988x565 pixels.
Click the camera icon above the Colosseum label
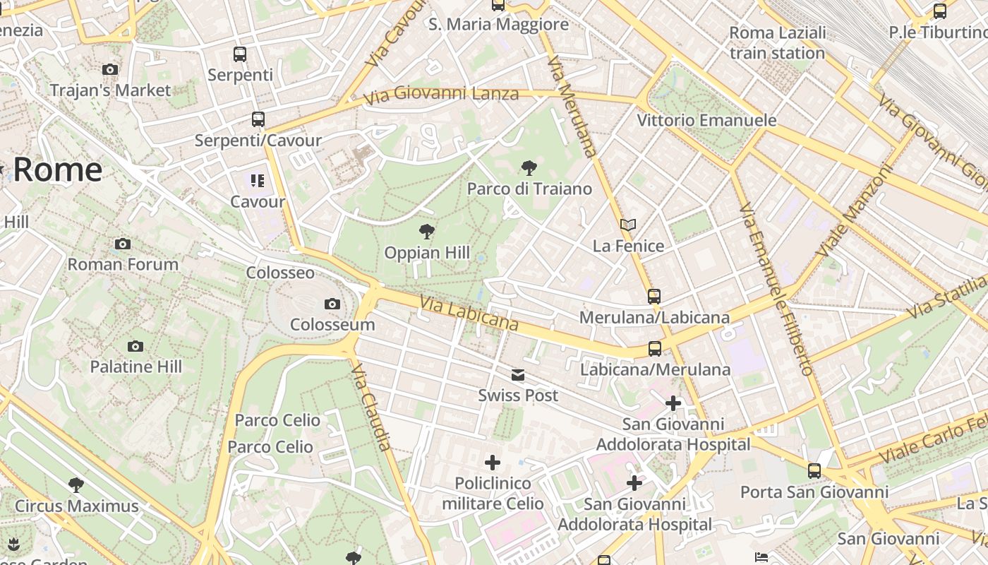pyautogui.click(x=332, y=304)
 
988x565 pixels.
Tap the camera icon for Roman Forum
pyautogui.click(x=123, y=244)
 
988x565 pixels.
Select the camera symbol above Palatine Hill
pyautogui.click(x=135, y=347)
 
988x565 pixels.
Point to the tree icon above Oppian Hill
pyautogui.click(x=426, y=231)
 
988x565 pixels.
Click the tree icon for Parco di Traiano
pyautogui.click(x=529, y=168)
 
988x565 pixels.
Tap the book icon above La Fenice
pyautogui.click(x=628, y=225)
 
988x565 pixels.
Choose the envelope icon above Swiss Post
pyautogui.click(x=519, y=375)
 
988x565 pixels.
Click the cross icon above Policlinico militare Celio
pyautogui.click(x=493, y=463)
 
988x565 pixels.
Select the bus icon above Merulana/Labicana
pyautogui.click(x=654, y=297)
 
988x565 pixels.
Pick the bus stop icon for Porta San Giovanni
pyautogui.click(x=814, y=471)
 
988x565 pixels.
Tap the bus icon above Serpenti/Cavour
pyautogui.click(x=258, y=119)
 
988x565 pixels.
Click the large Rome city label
pyautogui.click(x=57, y=170)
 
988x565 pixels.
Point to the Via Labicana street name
pyautogui.click(x=469, y=314)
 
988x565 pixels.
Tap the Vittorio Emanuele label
pyautogui.click(x=706, y=120)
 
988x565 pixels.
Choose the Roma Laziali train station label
pyautogui.click(x=777, y=43)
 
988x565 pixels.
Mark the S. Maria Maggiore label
pyautogui.click(x=498, y=25)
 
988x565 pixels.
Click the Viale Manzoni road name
pyautogui.click(x=854, y=211)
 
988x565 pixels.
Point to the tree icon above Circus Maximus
pyautogui.click(x=76, y=485)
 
